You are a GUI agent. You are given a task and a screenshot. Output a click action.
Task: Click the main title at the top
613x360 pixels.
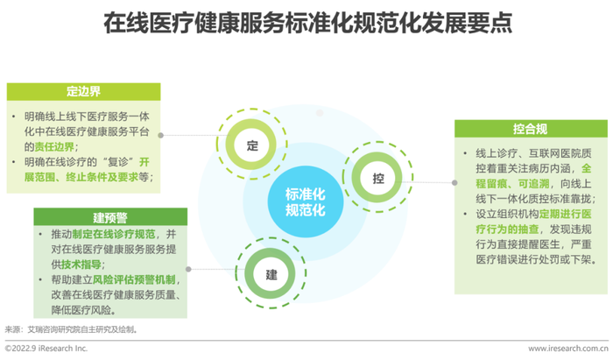(307, 23)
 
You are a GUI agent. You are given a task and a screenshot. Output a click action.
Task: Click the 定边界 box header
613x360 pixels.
(83, 91)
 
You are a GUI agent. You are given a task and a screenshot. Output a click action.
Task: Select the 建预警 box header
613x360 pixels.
(110, 217)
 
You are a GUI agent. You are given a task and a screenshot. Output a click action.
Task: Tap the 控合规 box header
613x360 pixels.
(531, 129)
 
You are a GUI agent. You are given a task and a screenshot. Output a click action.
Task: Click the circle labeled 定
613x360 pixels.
(252, 145)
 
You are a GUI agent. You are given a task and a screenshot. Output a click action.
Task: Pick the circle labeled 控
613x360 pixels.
(377, 178)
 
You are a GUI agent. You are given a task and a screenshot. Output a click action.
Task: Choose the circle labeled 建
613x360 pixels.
(271, 273)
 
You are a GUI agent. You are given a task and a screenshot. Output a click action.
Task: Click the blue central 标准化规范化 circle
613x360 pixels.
(306, 201)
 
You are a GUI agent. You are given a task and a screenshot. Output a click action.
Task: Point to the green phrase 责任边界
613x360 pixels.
(54, 146)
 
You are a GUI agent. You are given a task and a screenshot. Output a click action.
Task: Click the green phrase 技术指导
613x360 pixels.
(81, 265)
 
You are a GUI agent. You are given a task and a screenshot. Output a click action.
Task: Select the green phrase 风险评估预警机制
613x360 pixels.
(134, 279)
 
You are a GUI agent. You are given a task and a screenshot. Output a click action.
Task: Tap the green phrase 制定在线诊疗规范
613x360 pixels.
(113, 234)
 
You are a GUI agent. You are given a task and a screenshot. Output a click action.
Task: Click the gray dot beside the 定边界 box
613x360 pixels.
(160, 135)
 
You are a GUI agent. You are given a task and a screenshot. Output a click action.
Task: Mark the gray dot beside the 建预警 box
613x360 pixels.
(188, 269)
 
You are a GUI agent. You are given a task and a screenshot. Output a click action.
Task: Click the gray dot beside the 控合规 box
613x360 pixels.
(454, 182)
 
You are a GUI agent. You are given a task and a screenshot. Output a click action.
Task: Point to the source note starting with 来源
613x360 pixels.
(71, 329)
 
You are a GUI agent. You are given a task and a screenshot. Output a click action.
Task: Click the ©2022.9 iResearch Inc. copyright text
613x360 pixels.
(46, 349)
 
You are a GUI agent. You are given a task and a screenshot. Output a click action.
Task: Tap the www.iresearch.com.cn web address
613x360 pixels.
(568, 349)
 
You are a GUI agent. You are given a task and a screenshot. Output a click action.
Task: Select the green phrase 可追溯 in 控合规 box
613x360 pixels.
(533, 183)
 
